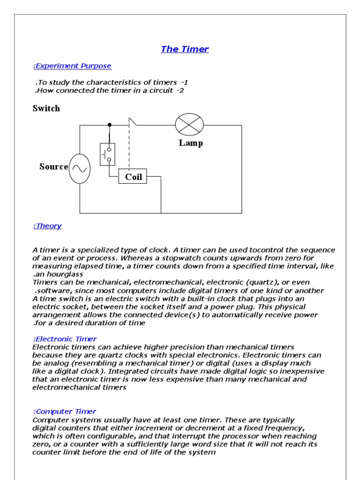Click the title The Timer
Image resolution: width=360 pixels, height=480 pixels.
point(185,49)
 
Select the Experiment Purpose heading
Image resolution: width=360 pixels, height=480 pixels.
point(72,66)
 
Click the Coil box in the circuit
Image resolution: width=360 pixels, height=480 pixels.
point(133,177)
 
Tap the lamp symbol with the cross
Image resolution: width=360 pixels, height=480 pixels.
point(189,125)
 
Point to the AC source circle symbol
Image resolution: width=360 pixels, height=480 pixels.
point(80,168)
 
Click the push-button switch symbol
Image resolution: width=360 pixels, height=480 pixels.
point(108,154)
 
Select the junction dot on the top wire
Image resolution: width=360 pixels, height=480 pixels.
point(110,125)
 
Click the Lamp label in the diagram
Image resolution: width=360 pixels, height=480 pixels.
point(190,143)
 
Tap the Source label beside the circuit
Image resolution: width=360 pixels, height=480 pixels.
point(53,167)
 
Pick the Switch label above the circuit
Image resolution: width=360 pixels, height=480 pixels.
point(46,108)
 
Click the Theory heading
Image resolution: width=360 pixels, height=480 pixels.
point(47,226)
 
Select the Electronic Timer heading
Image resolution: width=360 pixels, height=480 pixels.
point(65,339)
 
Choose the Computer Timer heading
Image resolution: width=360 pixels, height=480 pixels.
point(65,412)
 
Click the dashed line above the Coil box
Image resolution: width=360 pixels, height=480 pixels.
point(129,148)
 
